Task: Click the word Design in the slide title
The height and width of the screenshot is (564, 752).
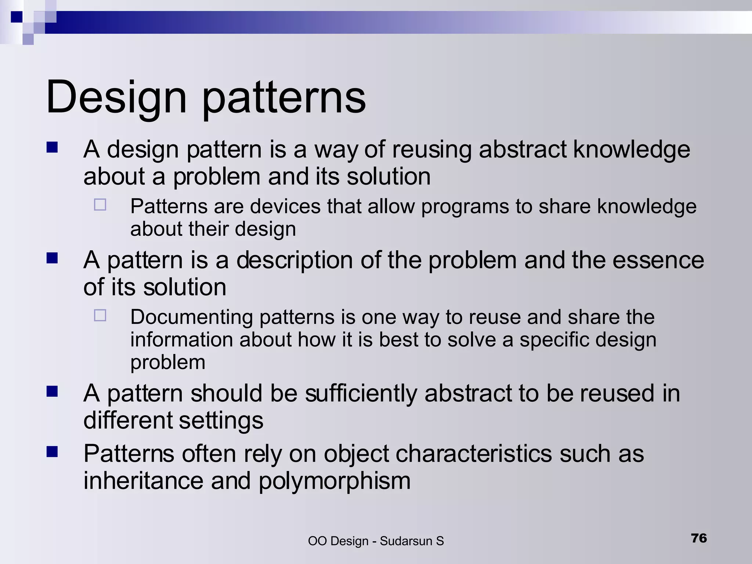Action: click(x=116, y=98)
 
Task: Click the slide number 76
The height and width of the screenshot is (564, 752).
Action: click(x=699, y=538)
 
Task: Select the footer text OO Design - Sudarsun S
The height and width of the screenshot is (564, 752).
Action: click(x=376, y=541)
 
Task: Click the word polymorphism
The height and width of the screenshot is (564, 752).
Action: click(x=334, y=481)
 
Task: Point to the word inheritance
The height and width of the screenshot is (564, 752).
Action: click(x=143, y=481)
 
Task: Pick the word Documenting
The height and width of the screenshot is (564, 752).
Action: click(x=191, y=317)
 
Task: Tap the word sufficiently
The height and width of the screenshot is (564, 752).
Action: click(x=361, y=393)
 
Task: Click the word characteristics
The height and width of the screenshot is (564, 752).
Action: click(x=474, y=453)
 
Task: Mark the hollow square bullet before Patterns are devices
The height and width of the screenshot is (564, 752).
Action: click(x=100, y=205)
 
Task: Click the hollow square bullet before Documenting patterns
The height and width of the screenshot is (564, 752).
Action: click(x=100, y=315)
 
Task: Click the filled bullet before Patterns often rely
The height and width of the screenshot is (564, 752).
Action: click(x=52, y=452)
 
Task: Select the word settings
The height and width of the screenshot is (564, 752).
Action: click(x=221, y=420)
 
